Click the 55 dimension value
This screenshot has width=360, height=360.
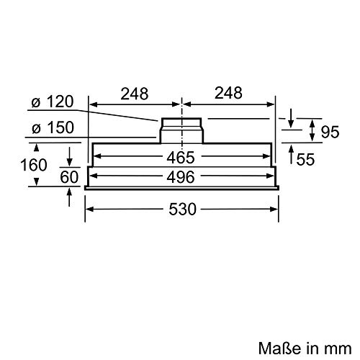coord(305,160)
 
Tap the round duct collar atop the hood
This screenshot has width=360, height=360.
coord(181,131)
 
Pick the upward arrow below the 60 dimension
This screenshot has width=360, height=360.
coord(69,197)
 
